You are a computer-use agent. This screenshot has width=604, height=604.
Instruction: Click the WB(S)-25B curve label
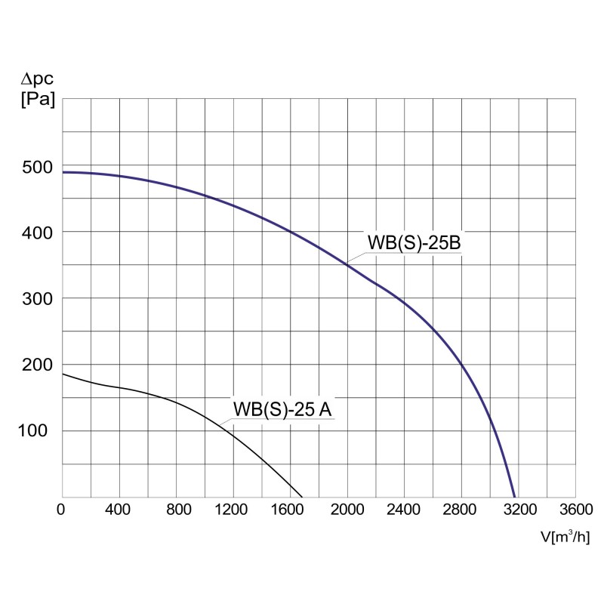[x=413, y=242]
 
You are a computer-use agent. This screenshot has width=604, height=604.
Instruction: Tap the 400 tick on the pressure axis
[x=36, y=233]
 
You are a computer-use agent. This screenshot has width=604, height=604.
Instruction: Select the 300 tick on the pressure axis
[x=36, y=298]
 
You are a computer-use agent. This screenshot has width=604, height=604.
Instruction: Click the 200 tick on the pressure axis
[x=36, y=365]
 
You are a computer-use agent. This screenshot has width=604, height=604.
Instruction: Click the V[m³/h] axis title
[x=565, y=537]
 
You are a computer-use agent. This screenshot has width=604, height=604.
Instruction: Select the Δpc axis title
[x=36, y=79]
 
